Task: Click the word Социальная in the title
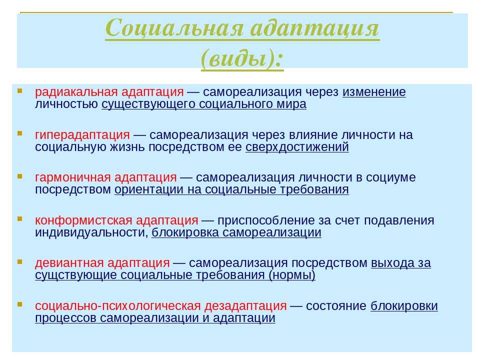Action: tap(174, 28)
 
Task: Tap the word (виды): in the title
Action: tap(242, 58)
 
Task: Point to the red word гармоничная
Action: tap(73, 177)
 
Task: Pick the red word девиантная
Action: tap(69, 262)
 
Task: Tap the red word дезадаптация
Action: tap(245, 306)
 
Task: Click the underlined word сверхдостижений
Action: tap(297, 147)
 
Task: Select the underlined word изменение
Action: tap(374, 92)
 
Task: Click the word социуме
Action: tap(390, 177)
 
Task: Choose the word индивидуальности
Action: tap(91, 232)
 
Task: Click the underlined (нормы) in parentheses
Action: tap(291, 275)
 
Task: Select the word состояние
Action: tap(336, 306)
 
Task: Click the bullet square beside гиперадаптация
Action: tap(20, 133)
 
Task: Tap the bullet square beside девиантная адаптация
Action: tap(20, 261)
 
